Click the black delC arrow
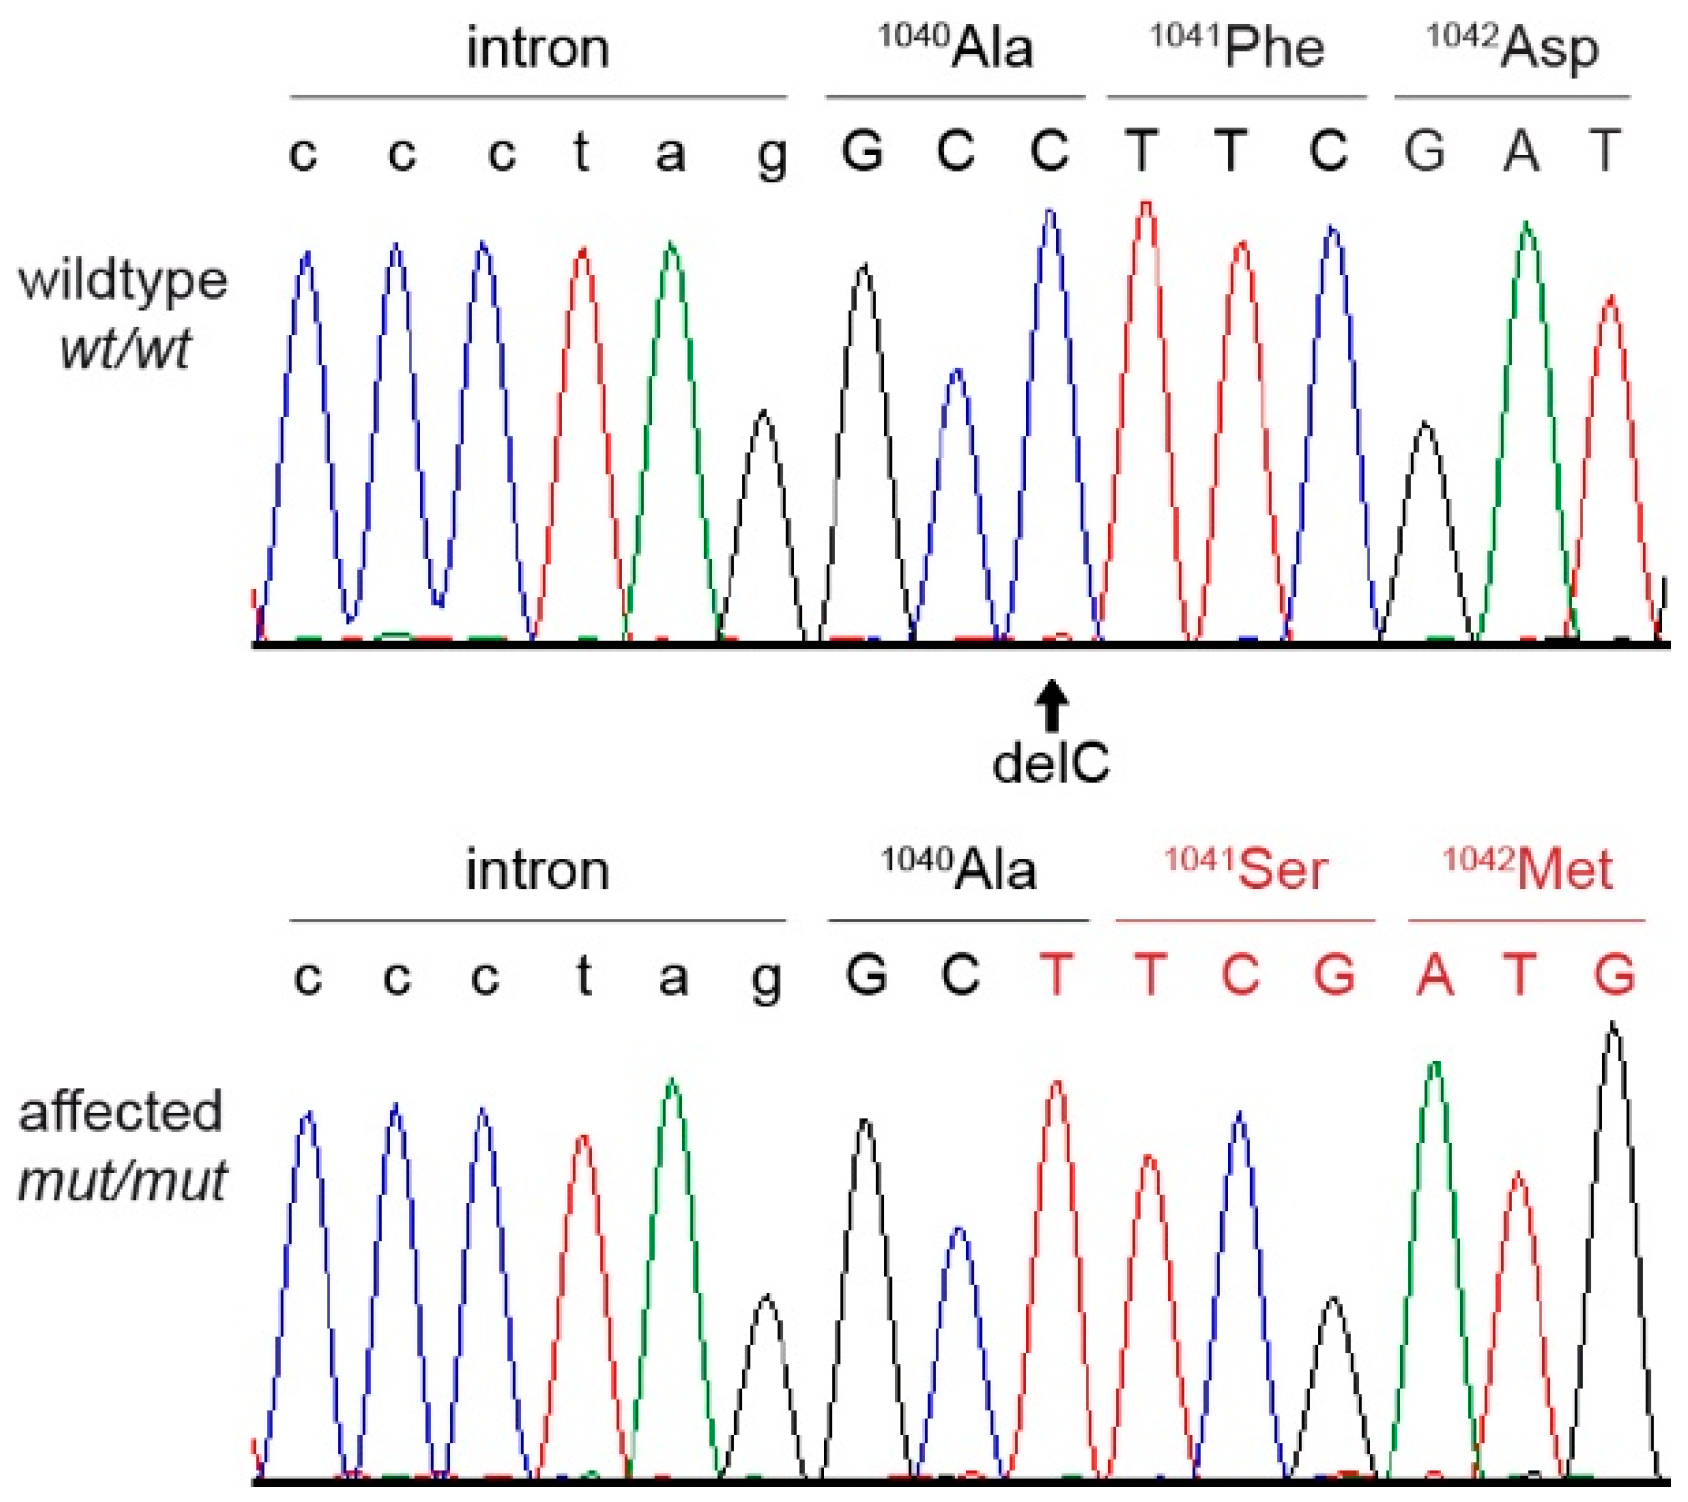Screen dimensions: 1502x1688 1051,705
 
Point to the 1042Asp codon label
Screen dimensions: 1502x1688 1512,48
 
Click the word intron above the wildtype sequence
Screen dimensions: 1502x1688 538,48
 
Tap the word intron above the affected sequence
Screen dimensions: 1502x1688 538,870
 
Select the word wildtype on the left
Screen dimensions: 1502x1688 123,281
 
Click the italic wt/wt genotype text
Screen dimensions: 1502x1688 125,350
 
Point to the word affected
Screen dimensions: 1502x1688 120,1112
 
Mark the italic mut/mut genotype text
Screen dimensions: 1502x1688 122,1181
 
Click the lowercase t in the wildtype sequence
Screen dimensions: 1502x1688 581,152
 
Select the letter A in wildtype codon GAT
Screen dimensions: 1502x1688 1521,152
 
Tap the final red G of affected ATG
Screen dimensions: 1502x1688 1614,974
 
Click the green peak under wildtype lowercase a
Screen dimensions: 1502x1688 671,250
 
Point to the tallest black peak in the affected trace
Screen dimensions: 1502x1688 1612,1030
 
